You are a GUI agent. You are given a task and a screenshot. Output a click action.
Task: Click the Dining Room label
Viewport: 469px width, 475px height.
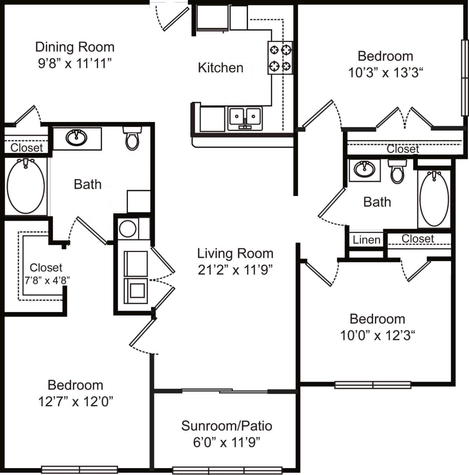tap(75, 47)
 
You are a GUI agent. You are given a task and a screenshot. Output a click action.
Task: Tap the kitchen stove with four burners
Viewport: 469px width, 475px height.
tap(280, 58)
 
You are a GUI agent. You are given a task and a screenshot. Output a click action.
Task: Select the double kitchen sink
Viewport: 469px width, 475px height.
tap(245, 118)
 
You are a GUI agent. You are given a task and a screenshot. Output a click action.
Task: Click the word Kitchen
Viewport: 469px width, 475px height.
tap(221, 68)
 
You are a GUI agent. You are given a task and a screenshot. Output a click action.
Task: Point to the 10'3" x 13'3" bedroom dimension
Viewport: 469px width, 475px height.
tap(385, 73)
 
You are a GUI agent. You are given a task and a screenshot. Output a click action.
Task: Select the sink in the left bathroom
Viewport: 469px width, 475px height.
tap(76, 138)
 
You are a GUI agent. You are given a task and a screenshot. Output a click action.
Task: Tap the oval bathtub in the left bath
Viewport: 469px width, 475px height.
tap(26, 186)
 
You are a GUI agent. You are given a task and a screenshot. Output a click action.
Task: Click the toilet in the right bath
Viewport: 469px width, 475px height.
tap(397, 171)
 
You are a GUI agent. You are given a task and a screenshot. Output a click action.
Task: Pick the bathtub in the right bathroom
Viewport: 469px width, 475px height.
tap(434, 198)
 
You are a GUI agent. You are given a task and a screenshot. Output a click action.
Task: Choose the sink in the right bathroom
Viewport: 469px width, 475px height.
tap(364, 170)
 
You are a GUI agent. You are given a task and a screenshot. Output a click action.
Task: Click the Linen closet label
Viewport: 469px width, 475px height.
tap(366, 240)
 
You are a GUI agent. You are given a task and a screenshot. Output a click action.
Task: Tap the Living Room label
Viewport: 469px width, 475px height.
tap(235, 253)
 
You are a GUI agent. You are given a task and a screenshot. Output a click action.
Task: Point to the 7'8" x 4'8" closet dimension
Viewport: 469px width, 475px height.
tap(47, 280)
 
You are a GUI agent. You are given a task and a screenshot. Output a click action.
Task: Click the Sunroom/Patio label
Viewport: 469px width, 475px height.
tap(227, 426)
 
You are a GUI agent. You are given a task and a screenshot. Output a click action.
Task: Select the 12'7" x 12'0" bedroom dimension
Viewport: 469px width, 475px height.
tap(75, 402)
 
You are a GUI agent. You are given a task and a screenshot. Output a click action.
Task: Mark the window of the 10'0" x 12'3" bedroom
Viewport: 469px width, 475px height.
tap(372, 385)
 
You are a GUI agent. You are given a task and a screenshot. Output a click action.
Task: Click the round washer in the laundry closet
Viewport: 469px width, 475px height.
tap(128, 229)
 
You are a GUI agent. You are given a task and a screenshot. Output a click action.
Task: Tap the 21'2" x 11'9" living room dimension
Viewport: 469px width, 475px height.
tap(235, 270)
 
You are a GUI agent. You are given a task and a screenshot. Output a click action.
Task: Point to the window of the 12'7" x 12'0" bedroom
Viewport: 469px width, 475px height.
tap(79, 470)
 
